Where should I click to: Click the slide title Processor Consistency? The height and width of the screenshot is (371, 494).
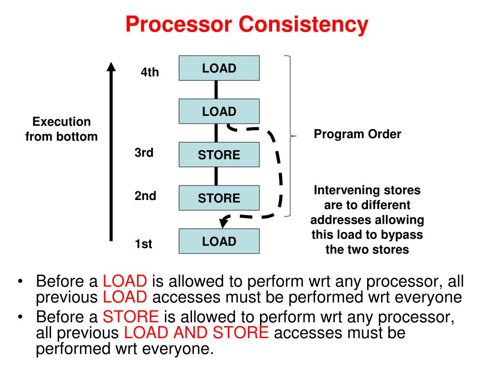247,24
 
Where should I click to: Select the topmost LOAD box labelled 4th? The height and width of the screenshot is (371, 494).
219,68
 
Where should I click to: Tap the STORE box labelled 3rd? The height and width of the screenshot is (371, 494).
219,155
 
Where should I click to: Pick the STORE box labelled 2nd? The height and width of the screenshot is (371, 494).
219,198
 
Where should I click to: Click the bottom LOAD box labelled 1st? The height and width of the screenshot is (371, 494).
219,242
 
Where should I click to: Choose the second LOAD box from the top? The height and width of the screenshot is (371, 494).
219,112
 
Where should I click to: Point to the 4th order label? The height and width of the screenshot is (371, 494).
150,72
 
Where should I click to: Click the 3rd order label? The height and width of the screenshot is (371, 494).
144,153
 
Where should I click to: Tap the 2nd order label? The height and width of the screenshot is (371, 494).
145,196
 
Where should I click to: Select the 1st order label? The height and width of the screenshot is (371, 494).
143,244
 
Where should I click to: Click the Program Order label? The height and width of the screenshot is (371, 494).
357,134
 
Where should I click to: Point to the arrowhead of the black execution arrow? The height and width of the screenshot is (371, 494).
111,67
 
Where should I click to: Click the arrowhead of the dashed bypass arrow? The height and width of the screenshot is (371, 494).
223,223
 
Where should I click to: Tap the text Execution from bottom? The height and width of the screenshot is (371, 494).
61,129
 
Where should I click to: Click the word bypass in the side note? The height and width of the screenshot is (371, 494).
403,235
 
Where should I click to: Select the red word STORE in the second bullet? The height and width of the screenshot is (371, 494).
131,317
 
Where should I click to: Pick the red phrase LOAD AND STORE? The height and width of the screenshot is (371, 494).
196,333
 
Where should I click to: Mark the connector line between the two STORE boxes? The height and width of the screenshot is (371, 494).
216,176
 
